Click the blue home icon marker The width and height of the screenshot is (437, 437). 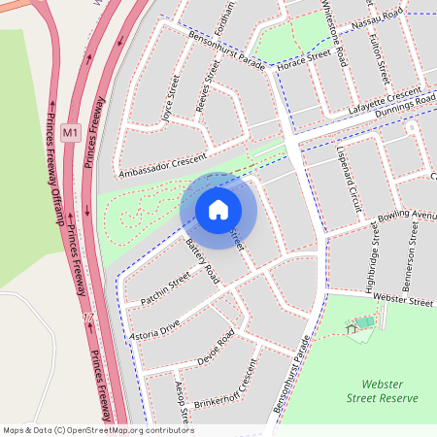click(218, 210)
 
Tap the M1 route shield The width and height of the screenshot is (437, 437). click(70, 131)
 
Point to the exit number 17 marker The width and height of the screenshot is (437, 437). click(88, 319)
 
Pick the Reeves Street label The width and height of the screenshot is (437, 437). click(209, 86)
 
